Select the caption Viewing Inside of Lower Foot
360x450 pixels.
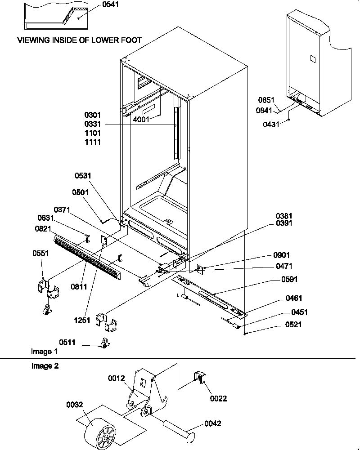click(x=79, y=40)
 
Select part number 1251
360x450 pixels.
click(x=83, y=321)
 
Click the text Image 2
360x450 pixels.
click(x=45, y=366)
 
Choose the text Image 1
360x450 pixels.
click(x=44, y=351)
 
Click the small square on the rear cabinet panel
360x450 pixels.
click(x=312, y=58)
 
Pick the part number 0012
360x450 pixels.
click(x=117, y=379)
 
